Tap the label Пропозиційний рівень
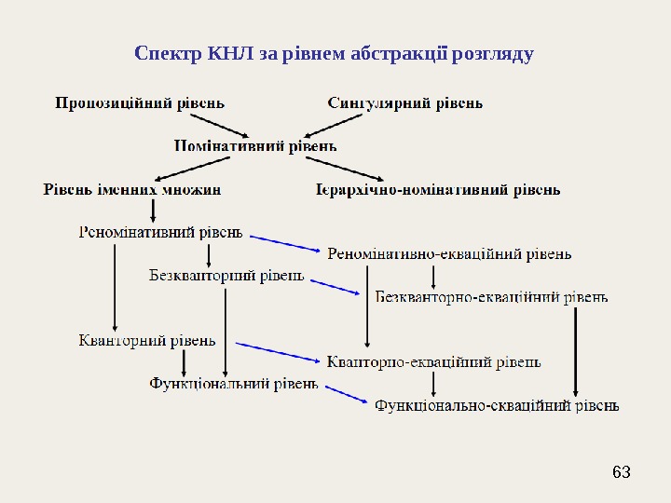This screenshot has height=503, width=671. point(139,102)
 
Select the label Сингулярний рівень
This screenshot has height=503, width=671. point(404,102)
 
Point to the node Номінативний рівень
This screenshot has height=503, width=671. point(255,145)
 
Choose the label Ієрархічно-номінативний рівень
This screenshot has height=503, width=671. point(438,190)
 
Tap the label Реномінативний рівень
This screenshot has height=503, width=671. point(160,232)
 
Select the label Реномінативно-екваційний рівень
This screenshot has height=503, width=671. point(449,253)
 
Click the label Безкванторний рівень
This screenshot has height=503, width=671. point(226,275)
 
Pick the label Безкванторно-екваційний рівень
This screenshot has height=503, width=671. point(491,297)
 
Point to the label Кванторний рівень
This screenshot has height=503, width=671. point(147,340)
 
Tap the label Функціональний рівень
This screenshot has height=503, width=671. point(234,383)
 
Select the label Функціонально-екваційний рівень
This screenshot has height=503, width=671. point(497,405)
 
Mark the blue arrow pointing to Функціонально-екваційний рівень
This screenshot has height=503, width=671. point(344,394)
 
